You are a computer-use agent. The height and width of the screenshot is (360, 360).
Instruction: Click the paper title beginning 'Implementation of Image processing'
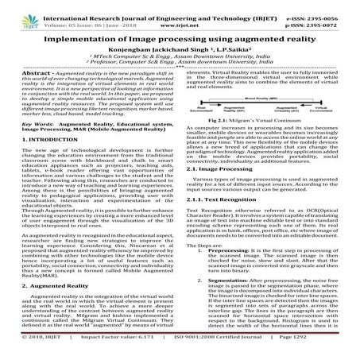180,37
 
